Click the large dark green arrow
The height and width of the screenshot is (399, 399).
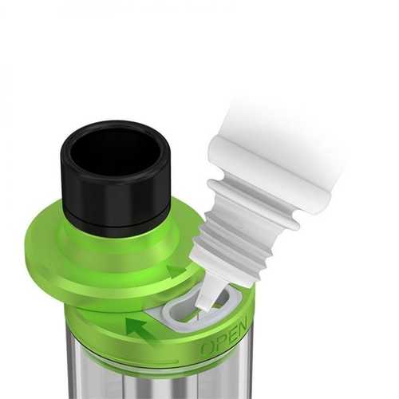tap(140, 330)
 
